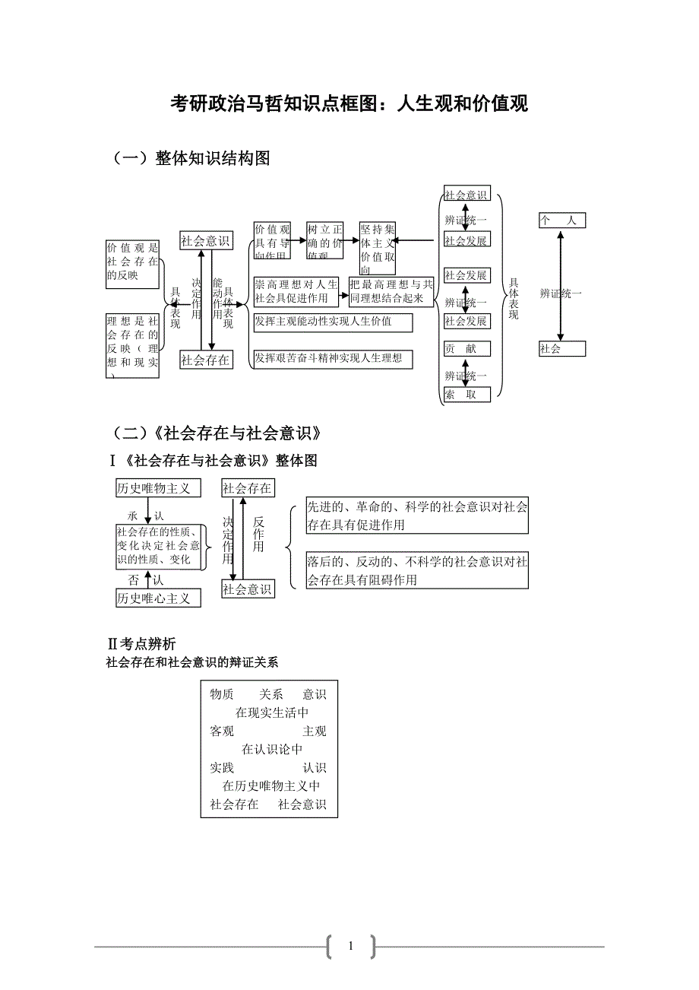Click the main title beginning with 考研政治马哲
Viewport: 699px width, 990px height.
click(x=349, y=104)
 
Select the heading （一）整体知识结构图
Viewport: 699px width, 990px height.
click(x=191, y=158)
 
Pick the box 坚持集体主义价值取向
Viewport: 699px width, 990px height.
click(x=378, y=249)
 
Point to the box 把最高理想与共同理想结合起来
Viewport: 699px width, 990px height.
click(x=391, y=292)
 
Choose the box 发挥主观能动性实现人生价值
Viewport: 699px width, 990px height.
click(x=333, y=322)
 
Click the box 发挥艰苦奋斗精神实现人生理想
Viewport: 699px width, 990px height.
click(x=333, y=358)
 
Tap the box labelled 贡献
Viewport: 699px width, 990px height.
click(x=467, y=349)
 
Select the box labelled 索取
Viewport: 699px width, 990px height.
click(x=467, y=394)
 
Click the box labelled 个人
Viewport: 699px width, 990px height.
click(x=561, y=221)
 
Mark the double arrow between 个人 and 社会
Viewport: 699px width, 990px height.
click(x=561, y=285)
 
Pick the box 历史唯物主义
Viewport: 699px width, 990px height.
click(x=158, y=488)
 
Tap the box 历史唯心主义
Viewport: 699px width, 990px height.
click(x=158, y=598)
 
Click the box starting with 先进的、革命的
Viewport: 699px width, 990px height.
click(x=416, y=516)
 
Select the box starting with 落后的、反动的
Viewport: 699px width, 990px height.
click(x=416, y=571)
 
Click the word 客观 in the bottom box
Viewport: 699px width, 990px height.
click(x=222, y=731)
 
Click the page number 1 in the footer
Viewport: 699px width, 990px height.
click(x=350, y=947)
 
